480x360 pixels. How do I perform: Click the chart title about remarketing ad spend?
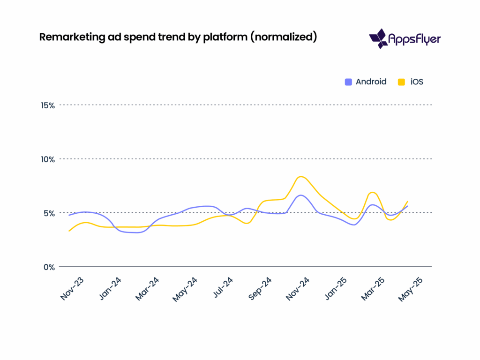[x=178, y=37]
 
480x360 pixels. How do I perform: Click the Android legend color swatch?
[x=348, y=82]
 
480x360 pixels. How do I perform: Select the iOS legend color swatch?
[x=401, y=82]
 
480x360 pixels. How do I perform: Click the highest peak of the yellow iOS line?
[x=301, y=177]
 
